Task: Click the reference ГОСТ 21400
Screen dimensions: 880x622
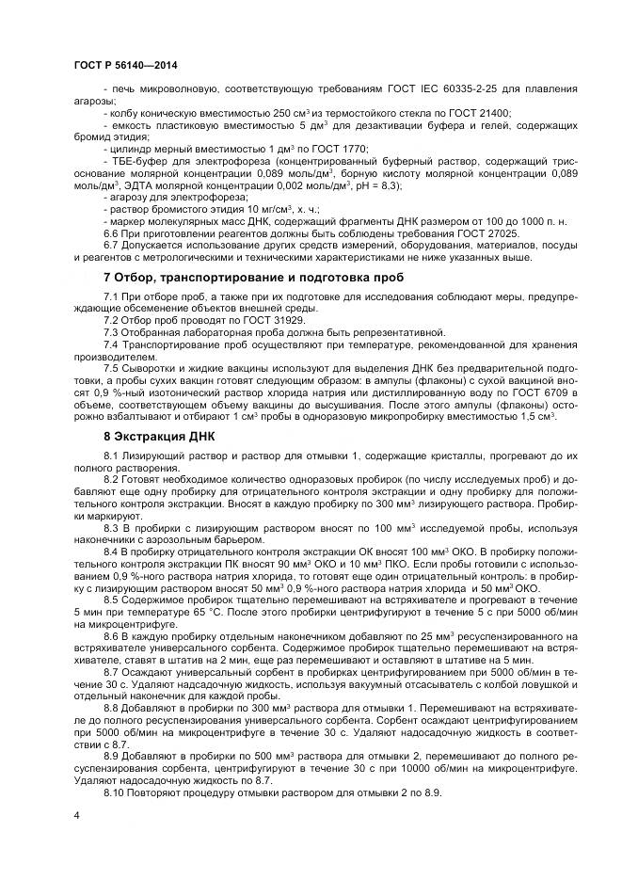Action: [x=483, y=113]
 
